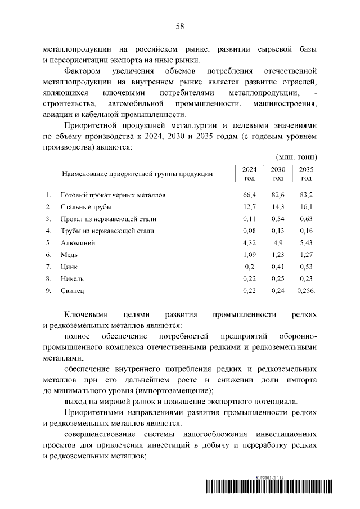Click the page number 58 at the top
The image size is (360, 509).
[180, 26]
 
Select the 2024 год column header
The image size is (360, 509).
[249, 174]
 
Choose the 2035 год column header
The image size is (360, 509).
[306, 174]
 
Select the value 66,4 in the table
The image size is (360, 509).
[249, 195]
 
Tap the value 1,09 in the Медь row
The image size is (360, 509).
[249, 255]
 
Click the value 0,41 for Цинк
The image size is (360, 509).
[278, 267]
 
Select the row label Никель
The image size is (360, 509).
[73, 278]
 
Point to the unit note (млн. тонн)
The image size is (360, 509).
[297, 156]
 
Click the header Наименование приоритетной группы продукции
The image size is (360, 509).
[137, 174]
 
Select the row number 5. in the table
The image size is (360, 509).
[49, 243]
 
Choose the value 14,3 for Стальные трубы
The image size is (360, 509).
[278, 206]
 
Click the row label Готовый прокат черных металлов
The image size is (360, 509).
[114, 195]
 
